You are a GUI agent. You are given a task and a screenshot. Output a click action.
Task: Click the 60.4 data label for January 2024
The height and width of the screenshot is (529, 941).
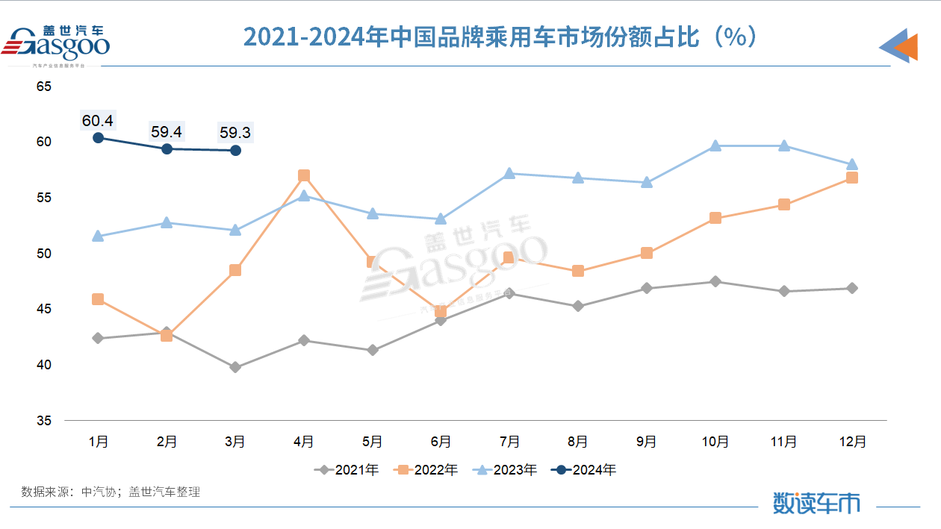pyautogui.click(x=98, y=119)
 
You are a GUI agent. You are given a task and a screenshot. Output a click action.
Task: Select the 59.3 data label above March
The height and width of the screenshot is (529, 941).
pyautogui.click(x=235, y=132)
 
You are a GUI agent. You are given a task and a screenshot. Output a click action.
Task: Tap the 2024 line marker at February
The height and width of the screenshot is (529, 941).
pyautogui.click(x=167, y=148)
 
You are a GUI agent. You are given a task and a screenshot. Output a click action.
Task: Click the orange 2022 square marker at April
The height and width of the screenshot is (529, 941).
pyautogui.click(x=304, y=175)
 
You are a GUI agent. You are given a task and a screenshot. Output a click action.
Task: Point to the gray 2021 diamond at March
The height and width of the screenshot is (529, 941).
pyautogui.click(x=235, y=367)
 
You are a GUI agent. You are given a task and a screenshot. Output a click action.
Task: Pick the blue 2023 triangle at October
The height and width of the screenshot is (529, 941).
pyautogui.click(x=715, y=145)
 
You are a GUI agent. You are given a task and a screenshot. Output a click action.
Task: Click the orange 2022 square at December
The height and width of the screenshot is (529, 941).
pyautogui.click(x=852, y=178)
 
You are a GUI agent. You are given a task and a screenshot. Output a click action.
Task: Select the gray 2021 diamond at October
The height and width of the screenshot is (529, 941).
pyautogui.click(x=715, y=281)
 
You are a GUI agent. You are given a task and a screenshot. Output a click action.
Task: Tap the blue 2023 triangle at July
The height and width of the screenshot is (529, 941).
pyautogui.click(x=509, y=173)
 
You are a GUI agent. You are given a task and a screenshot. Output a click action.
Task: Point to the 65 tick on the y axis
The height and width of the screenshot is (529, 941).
pyautogui.click(x=44, y=87)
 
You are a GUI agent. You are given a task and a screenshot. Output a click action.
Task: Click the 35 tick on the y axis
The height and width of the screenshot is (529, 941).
pyautogui.click(x=44, y=421)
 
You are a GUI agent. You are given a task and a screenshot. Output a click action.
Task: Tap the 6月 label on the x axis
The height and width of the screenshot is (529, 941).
pyautogui.click(x=441, y=442)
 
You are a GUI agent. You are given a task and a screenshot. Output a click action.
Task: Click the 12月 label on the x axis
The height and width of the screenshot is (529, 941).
pyautogui.click(x=852, y=442)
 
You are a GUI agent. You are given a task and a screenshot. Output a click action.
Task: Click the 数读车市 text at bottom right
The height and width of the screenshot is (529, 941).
pyautogui.click(x=816, y=502)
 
